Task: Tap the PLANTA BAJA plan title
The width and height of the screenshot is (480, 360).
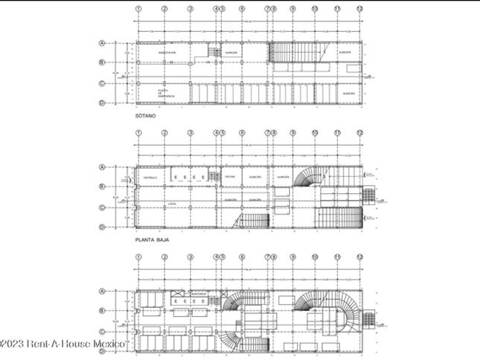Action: pos(151,240)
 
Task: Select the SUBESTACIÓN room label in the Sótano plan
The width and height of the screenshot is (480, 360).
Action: pos(167,53)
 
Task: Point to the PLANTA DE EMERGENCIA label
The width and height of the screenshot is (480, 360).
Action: pos(166,93)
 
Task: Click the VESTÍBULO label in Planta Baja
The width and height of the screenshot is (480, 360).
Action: pos(150,177)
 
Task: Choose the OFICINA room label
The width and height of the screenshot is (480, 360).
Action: pos(230,177)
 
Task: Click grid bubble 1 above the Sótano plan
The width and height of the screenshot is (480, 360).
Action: pos(138,9)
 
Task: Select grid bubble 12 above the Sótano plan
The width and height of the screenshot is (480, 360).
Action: pos(359,9)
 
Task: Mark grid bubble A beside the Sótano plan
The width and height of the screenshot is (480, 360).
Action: pos(102,43)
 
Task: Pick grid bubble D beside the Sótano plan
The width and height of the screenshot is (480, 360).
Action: pos(102,103)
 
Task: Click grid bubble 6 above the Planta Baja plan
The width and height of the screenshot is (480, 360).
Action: pos(242,133)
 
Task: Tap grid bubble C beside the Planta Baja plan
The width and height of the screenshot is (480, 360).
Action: pos(102,208)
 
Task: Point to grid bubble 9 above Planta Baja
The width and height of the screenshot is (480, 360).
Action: pos(293,133)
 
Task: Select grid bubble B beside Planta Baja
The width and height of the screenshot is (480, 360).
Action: pos(102,186)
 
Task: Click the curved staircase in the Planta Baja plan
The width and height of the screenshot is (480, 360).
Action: pos(306,177)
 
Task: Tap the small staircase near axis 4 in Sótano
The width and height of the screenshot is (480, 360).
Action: pos(214,53)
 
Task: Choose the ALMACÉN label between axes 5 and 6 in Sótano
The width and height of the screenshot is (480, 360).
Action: pos(231,53)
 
